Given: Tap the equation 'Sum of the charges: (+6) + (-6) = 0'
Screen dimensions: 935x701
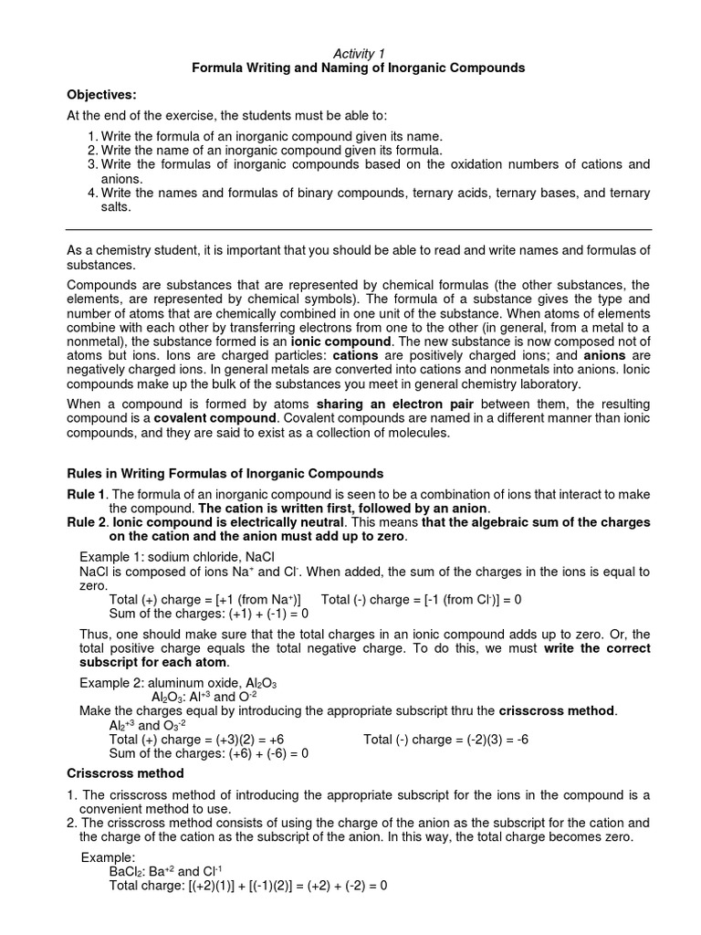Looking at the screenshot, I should [208, 753].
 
